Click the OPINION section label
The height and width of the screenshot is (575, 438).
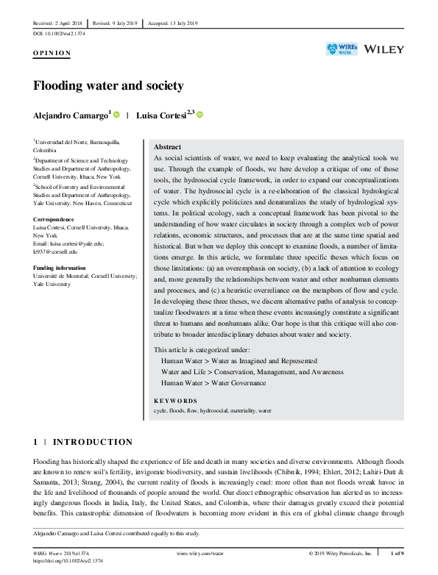coord(52,54)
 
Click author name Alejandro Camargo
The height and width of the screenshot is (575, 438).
coord(71,115)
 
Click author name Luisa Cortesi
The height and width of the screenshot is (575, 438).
coord(164,115)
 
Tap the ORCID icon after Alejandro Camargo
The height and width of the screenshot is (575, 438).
coord(116,115)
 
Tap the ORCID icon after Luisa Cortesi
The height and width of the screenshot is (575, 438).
coord(200,115)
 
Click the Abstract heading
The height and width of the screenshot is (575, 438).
coord(167,147)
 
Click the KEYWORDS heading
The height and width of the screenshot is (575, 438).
coord(177,401)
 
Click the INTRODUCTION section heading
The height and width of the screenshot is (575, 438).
coord(88,442)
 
